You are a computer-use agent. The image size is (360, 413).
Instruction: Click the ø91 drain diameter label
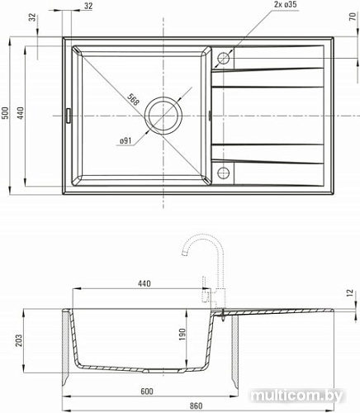(x=126, y=141)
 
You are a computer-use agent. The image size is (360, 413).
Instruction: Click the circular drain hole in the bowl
(x=163, y=116)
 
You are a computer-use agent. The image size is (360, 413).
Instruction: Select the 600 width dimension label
(x=146, y=391)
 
